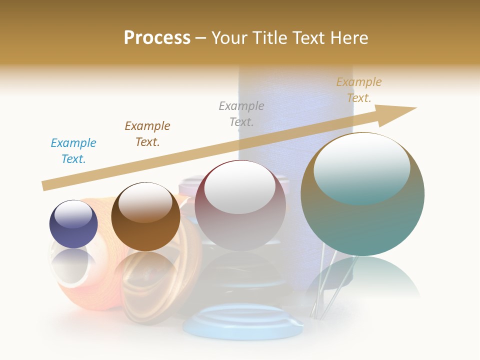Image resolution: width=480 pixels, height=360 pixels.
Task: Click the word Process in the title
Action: coord(157,37)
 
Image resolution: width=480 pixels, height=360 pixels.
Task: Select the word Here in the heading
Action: coord(348,37)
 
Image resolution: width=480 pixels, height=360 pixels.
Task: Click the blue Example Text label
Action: coord(73,150)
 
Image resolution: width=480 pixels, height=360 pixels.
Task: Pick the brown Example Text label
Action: coord(147,133)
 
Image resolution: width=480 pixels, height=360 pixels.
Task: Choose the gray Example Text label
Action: coord(241,113)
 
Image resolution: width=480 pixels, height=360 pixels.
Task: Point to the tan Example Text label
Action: coord(358,90)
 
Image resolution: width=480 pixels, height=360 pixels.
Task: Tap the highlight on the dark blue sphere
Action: coord(73,214)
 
